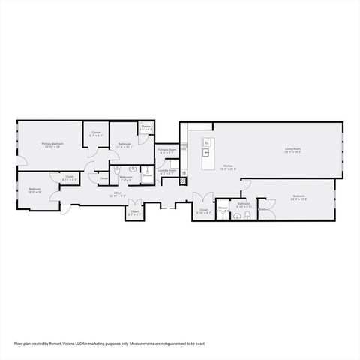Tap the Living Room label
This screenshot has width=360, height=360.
point(292,151)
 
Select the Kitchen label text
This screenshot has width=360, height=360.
point(227,167)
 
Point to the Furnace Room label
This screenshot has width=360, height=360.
point(166,151)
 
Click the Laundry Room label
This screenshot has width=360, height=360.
point(166,172)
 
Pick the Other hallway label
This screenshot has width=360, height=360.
point(117,194)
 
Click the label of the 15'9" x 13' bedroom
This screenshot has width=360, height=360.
point(35,190)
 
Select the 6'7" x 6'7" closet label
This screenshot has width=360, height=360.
point(96,134)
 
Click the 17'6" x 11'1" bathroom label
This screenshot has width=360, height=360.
point(124,145)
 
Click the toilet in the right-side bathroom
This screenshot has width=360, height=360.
point(247,217)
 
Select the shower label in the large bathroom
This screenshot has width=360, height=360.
point(146,127)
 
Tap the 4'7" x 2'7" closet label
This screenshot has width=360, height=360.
point(134,213)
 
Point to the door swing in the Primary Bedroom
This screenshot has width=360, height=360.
point(25,158)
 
